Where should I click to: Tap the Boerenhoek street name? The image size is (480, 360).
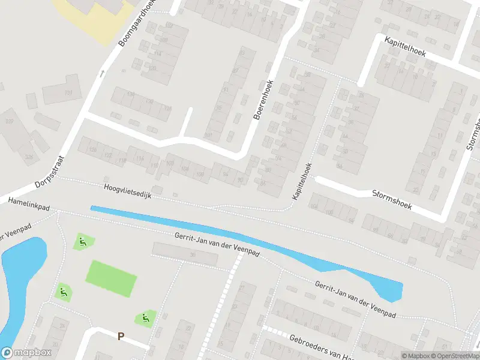263,100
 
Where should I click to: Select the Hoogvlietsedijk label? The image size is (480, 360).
128,192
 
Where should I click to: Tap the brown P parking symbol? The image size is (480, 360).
121,337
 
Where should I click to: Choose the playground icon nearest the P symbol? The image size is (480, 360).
144,317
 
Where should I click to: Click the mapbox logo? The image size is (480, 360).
25,352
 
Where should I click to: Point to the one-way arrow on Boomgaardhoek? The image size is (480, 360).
101,74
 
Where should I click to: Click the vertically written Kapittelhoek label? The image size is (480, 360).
302,182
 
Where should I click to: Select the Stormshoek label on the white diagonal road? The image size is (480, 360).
391,198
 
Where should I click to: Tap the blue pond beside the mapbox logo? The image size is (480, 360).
18,282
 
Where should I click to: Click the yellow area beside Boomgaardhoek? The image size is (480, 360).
90,15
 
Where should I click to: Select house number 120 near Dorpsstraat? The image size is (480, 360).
92,149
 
